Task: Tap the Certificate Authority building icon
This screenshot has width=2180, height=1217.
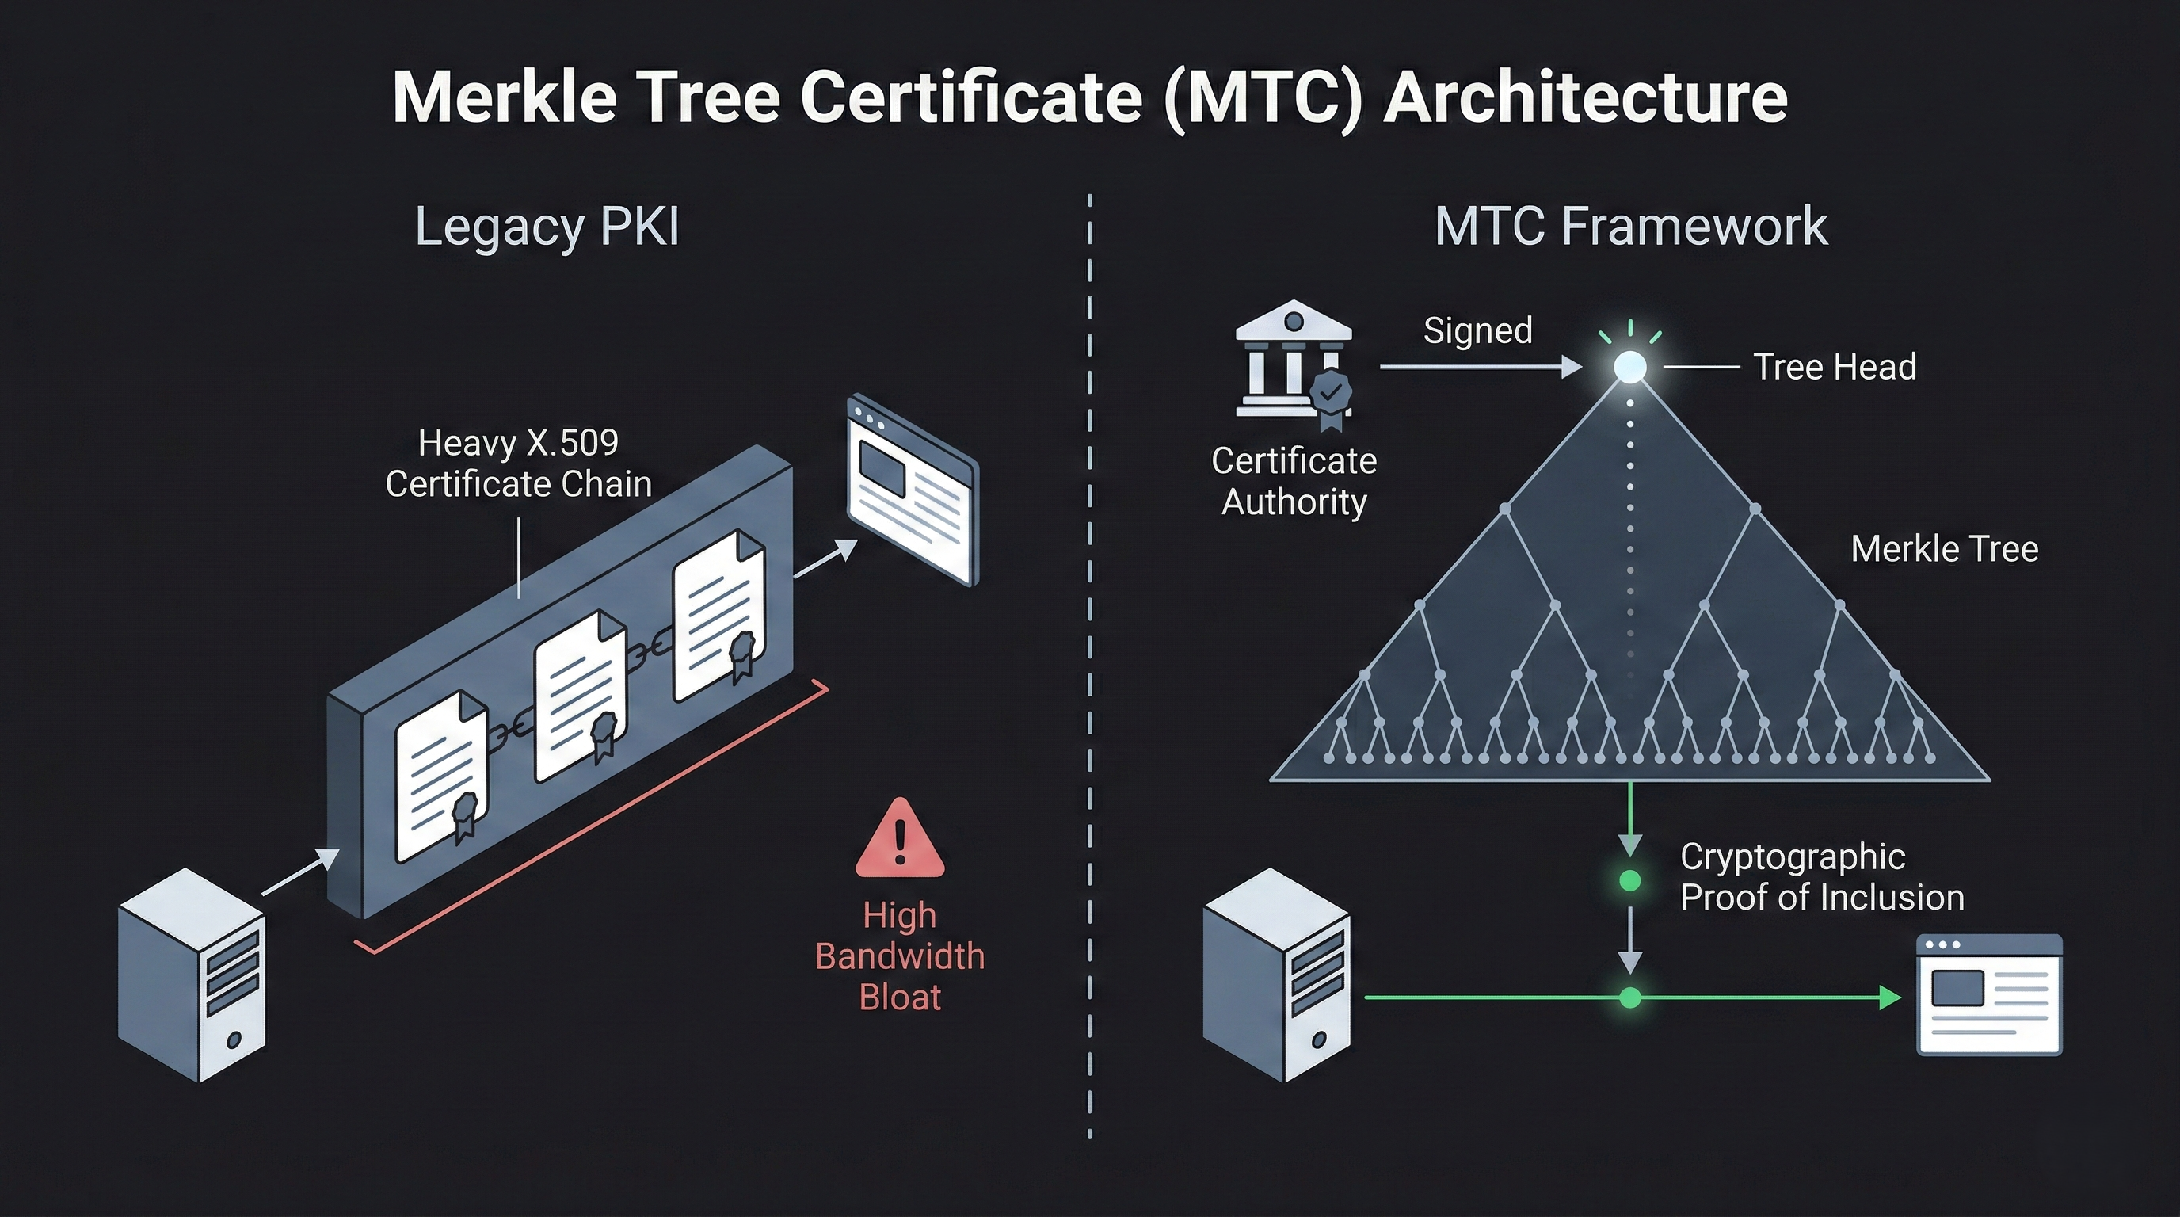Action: point(1292,364)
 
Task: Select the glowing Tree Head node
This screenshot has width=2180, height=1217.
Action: point(1630,368)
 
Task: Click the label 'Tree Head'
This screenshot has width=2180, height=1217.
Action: point(1835,368)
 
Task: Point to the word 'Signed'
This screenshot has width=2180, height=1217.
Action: point(1477,330)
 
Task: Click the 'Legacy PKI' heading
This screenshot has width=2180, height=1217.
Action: point(547,227)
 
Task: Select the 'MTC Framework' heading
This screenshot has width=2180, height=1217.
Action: point(1631,226)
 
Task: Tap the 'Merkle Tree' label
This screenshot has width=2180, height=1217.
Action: point(1944,548)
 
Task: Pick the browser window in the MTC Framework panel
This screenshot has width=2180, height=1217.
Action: point(1989,994)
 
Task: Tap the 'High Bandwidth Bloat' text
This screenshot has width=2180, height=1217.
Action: point(900,956)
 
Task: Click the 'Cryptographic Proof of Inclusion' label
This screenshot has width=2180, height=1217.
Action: point(1821,877)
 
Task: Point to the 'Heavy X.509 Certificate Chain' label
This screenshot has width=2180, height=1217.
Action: point(518,463)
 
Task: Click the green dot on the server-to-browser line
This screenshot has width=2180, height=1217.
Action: point(1630,998)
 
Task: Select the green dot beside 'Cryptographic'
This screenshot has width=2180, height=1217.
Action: point(1630,881)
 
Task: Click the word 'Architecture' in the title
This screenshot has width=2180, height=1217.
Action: point(1584,97)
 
